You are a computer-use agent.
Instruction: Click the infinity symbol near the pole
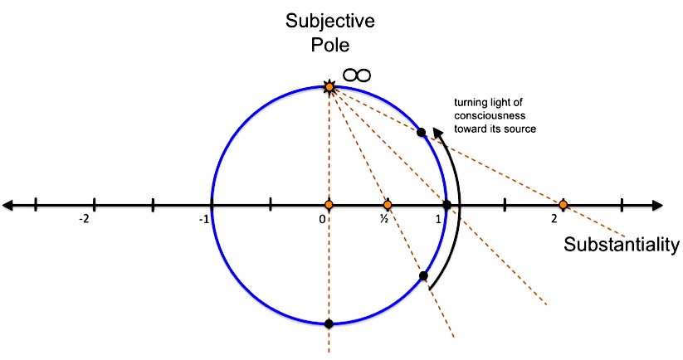[357, 75]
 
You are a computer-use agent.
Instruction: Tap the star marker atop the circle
[329, 86]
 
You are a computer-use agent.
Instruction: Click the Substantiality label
[622, 245]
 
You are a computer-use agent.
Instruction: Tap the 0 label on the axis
[323, 218]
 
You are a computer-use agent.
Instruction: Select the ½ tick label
[385, 218]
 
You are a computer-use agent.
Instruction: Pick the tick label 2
[554, 218]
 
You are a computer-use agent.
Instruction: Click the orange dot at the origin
[329, 204]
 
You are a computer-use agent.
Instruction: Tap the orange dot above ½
[387, 204]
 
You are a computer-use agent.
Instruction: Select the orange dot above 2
[563, 204]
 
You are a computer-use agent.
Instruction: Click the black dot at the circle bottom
[329, 324]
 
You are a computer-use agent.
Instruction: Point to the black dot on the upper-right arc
[421, 132]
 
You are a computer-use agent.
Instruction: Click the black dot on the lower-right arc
[423, 275]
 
